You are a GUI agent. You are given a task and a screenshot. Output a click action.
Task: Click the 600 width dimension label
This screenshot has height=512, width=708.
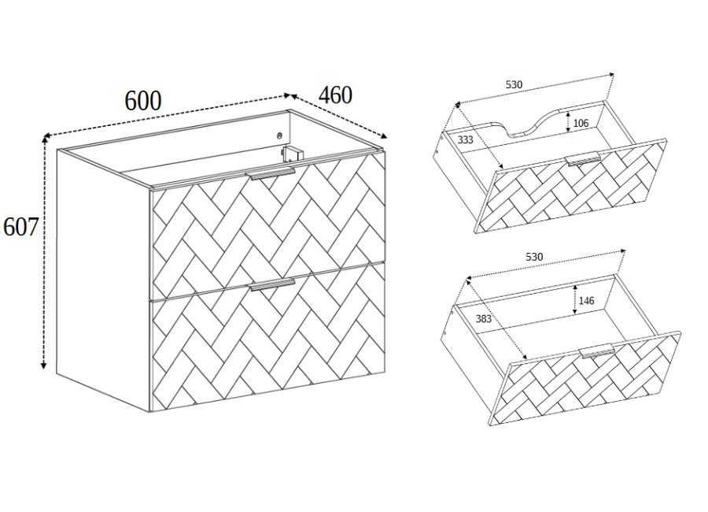(142, 101)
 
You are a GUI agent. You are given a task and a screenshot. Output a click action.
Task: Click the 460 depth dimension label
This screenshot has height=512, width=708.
(335, 95)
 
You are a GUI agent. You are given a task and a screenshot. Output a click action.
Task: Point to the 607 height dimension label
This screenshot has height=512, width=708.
(20, 227)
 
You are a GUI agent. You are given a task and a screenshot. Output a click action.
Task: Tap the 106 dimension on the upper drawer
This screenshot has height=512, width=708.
(581, 123)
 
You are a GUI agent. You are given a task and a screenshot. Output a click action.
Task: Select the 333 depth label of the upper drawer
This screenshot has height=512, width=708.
(466, 139)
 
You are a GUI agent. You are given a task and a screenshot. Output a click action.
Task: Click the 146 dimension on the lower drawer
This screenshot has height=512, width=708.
(586, 300)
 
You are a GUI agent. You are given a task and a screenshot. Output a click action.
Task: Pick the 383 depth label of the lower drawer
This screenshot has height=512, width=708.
(484, 319)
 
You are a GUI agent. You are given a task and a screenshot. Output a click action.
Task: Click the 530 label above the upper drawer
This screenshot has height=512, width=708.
(514, 84)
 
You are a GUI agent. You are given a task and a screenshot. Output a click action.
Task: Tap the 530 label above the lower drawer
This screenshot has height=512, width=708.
(534, 257)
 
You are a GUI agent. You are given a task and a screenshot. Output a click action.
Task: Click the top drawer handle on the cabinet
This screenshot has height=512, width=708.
(270, 173)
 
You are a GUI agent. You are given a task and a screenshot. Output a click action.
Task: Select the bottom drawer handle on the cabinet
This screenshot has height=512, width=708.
(272, 284)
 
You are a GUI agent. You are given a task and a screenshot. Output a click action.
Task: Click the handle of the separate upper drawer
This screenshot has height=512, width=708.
(583, 159)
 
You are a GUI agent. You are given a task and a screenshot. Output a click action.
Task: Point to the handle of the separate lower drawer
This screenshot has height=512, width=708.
(597, 351)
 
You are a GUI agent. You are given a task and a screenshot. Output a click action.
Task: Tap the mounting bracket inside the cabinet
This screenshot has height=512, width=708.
(291, 154)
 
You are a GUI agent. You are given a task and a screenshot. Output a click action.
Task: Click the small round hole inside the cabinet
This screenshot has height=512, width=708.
(279, 135)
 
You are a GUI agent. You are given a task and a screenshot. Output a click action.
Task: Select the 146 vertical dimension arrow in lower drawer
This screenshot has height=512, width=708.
(575, 299)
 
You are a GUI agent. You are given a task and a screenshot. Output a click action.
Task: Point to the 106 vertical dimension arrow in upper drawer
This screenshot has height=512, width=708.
(568, 122)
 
